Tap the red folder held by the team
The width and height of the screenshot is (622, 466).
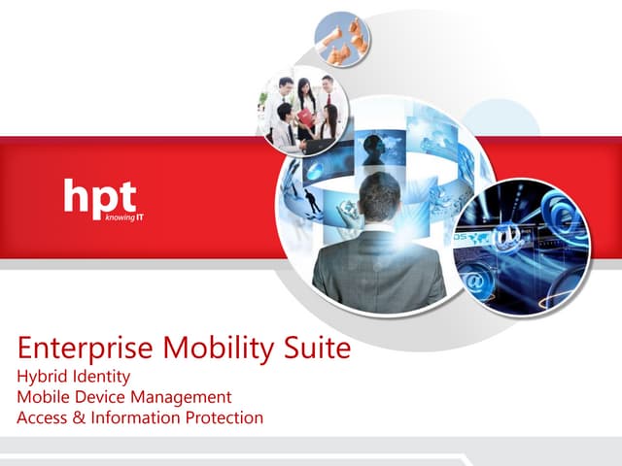pos(306,118)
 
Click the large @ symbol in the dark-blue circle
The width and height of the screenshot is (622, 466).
pos(507,236)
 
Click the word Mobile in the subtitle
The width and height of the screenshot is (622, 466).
pos(45,397)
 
